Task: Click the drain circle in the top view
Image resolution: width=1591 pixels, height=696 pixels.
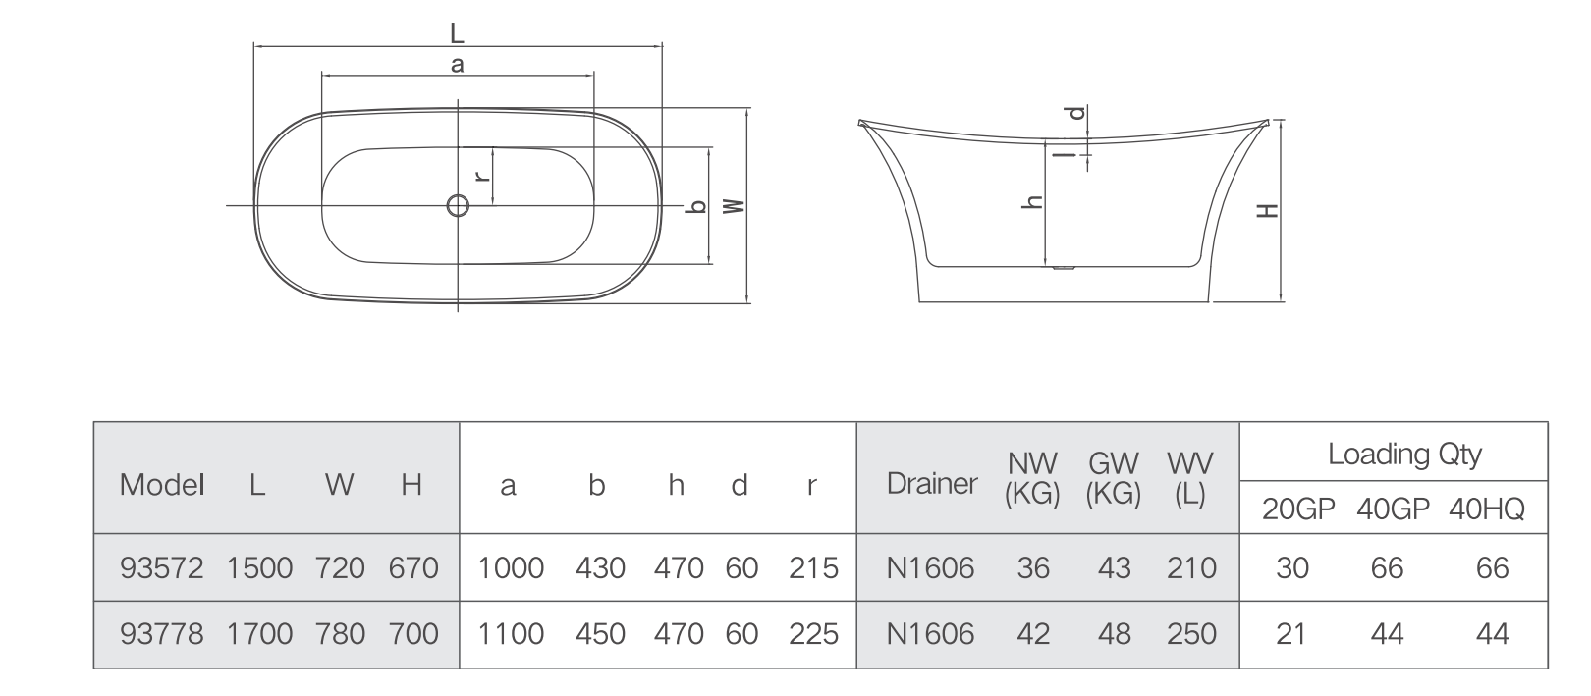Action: pos(458,206)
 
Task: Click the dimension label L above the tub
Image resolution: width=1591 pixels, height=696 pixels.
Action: pos(457,32)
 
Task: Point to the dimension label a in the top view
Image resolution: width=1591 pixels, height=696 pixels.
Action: pos(458,65)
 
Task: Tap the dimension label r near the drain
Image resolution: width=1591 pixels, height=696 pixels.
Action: pos(482,175)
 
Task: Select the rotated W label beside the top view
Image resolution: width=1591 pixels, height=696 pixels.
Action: pos(735,206)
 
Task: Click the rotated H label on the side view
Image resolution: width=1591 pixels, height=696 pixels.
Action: pos(1268,211)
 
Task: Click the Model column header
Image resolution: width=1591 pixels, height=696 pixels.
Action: pos(162,485)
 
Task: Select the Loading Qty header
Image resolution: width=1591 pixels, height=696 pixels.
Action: pos(1404,454)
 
